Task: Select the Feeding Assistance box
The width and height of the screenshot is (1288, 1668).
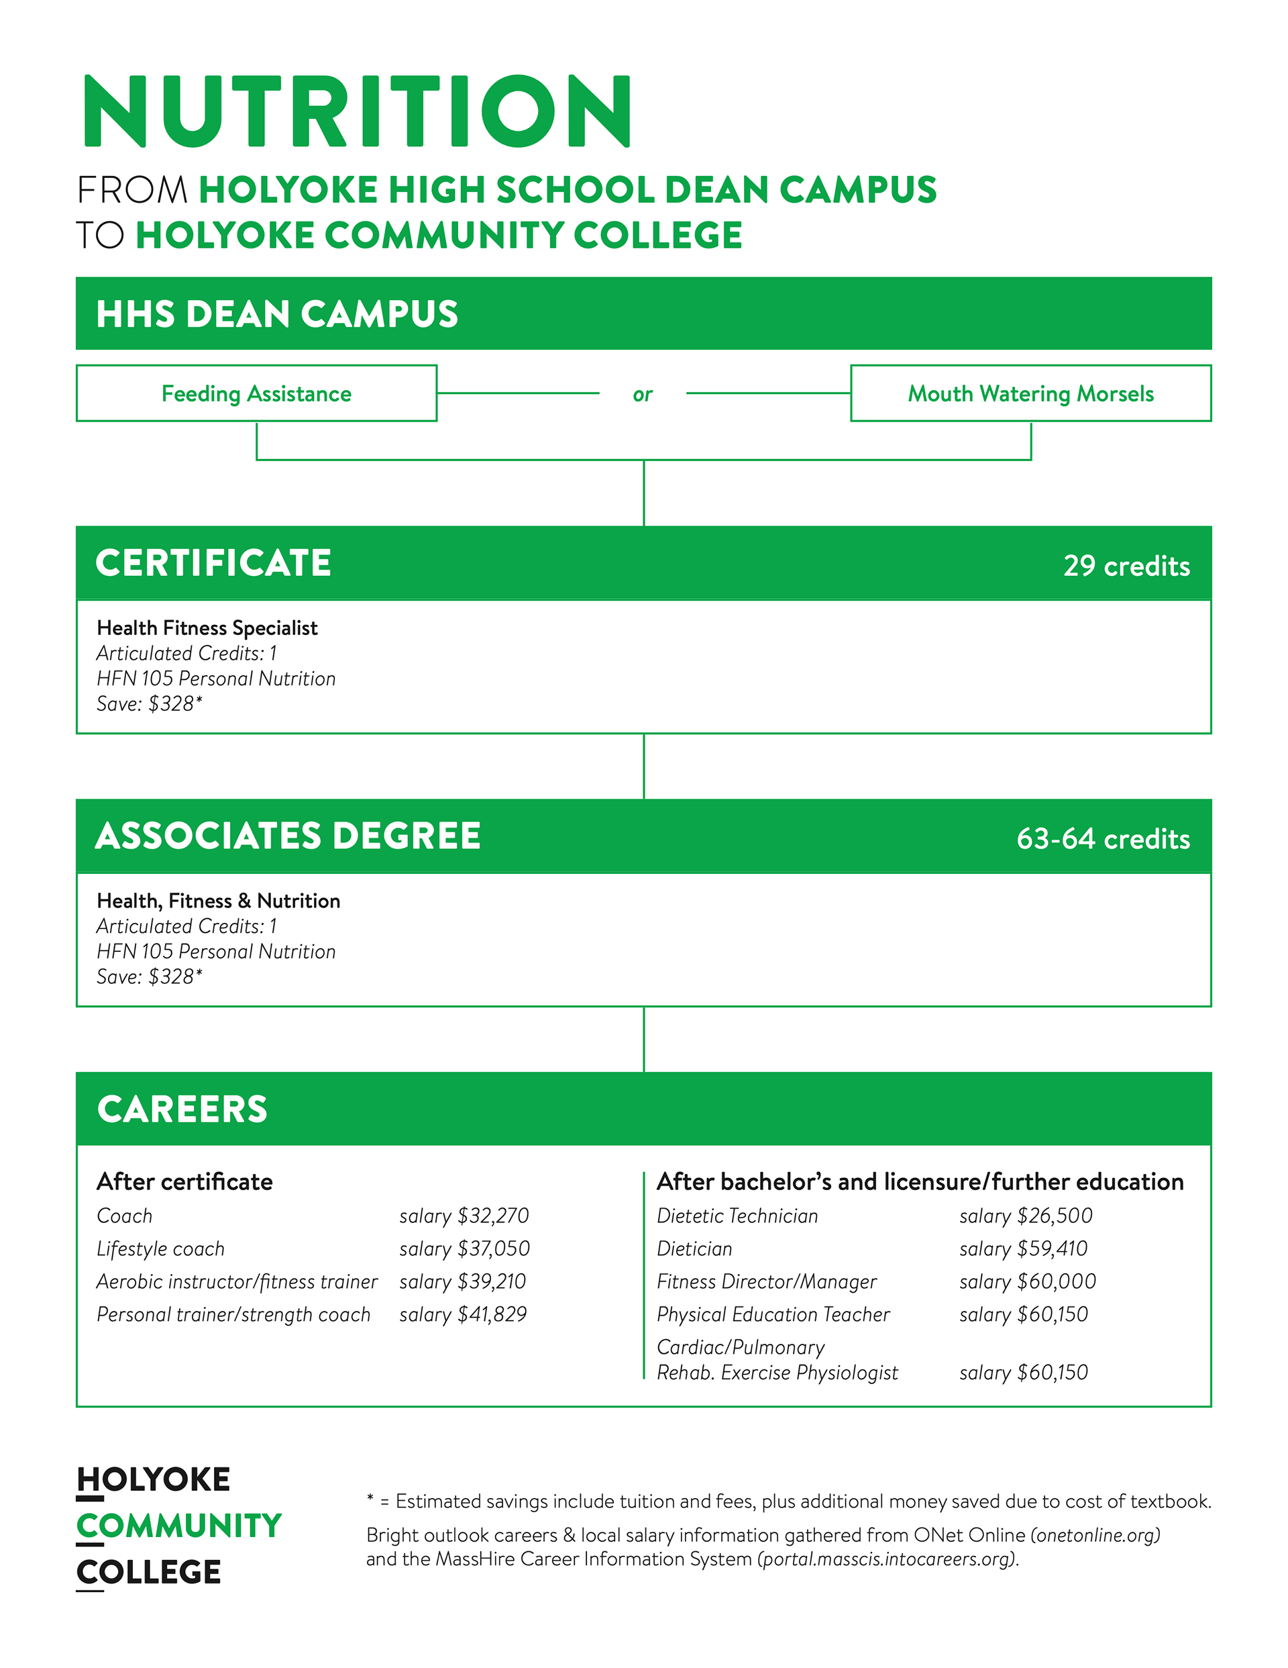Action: (256, 393)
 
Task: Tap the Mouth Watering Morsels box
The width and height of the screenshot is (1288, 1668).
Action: (1030, 393)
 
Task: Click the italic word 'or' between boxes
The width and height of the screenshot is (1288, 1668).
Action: (643, 395)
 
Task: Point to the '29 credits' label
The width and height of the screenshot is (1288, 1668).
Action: (1126, 566)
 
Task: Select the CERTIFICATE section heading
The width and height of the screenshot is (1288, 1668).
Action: (213, 563)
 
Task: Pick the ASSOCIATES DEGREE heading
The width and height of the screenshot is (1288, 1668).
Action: (288, 836)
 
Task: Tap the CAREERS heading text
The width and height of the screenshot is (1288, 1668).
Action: (182, 1109)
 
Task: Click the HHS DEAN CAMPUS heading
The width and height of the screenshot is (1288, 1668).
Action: (276, 314)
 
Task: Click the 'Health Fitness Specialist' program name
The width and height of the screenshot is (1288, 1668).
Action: (207, 628)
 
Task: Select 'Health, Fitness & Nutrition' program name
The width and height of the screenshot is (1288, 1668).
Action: (219, 900)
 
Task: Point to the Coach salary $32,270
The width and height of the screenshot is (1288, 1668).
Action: (464, 1215)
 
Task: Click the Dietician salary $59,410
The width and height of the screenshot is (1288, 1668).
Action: (1023, 1248)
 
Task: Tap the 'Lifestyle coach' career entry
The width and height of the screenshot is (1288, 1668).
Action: (160, 1248)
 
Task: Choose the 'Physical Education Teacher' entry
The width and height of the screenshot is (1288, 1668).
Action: (773, 1314)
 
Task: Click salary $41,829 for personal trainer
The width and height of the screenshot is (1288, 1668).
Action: (463, 1314)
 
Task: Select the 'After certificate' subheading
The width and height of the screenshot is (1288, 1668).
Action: (184, 1181)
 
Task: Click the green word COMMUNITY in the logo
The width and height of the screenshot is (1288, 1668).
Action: (179, 1525)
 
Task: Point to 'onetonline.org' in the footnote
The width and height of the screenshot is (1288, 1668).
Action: (1095, 1534)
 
